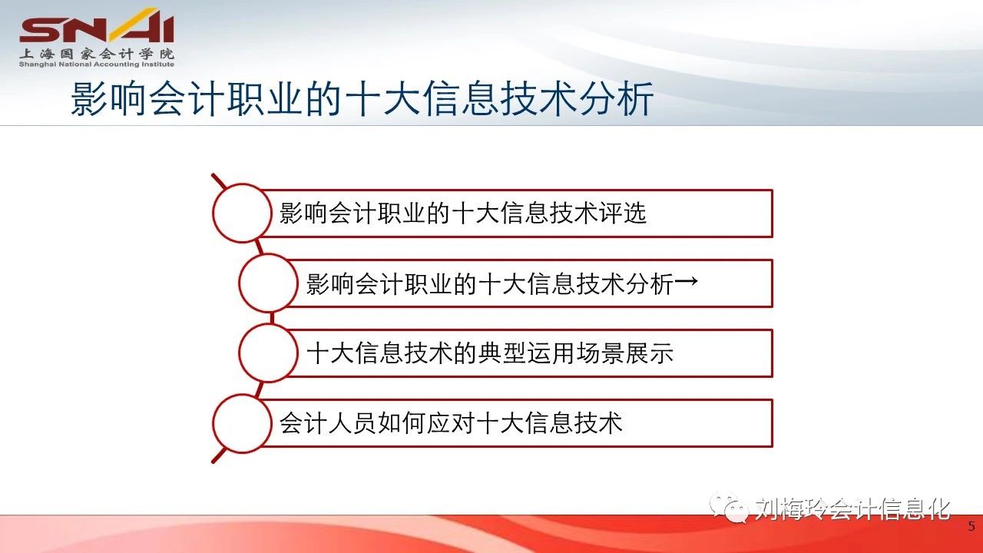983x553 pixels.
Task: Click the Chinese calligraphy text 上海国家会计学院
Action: point(97,54)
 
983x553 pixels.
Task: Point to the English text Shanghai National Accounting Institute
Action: point(97,65)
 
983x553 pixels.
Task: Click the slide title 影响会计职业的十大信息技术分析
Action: point(362,99)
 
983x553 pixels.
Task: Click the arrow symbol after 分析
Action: point(686,281)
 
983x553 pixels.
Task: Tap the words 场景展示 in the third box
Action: point(624,354)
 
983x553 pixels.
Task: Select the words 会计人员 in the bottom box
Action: point(327,423)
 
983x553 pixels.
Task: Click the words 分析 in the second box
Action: point(650,283)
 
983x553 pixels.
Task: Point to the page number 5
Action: point(971,526)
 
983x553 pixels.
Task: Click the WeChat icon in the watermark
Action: point(730,508)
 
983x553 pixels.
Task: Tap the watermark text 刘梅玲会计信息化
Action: point(852,509)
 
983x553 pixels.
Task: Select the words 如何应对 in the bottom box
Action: point(425,423)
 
